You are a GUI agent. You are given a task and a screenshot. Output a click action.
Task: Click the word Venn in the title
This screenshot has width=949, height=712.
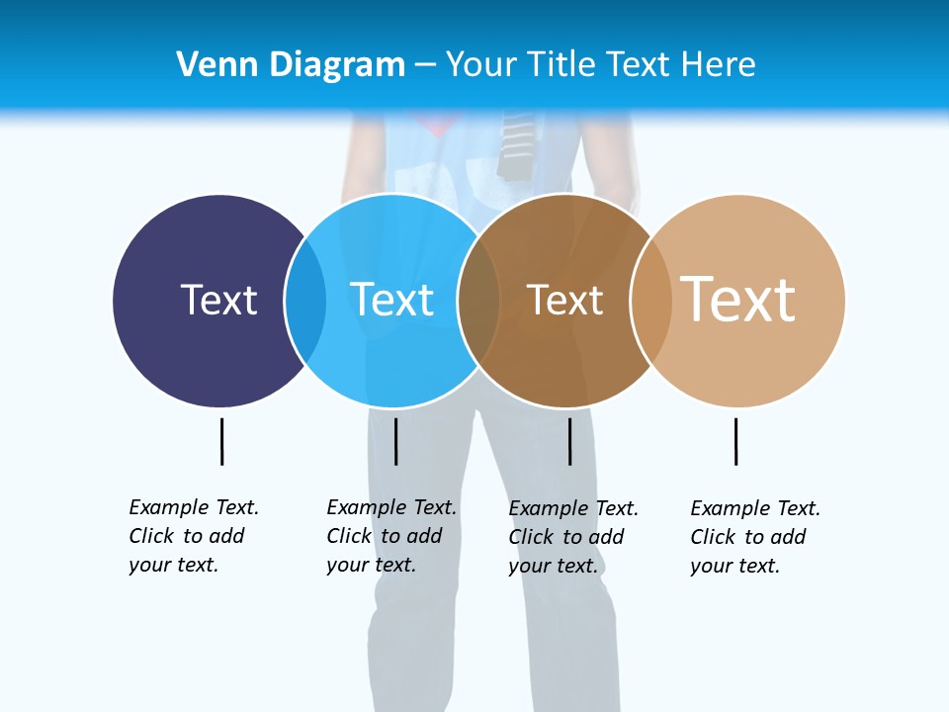pos(208,65)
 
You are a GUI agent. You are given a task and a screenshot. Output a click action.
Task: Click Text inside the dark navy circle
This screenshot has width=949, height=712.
pos(218,300)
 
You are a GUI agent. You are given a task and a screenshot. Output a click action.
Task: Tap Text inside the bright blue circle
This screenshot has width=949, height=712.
pos(391,300)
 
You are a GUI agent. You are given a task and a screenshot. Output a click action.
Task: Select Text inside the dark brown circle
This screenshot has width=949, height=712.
pos(564,301)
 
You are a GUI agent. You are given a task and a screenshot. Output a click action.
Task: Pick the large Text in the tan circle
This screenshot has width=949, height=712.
pos(738,299)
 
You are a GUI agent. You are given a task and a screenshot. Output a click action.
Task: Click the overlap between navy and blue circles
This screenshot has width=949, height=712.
pos(306,301)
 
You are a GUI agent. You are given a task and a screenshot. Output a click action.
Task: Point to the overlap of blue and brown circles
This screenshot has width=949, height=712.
pos(479,301)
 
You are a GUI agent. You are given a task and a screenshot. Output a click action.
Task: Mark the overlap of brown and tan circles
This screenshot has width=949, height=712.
pos(651,301)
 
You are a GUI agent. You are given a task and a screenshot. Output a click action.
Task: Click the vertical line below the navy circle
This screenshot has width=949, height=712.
pos(222,441)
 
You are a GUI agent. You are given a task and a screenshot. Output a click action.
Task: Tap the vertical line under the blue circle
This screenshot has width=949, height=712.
pos(395,441)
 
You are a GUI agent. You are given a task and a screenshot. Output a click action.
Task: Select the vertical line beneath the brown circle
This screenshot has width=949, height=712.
pos(569,441)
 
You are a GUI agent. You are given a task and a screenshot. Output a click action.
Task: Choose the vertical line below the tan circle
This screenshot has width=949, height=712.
pos(735,441)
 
